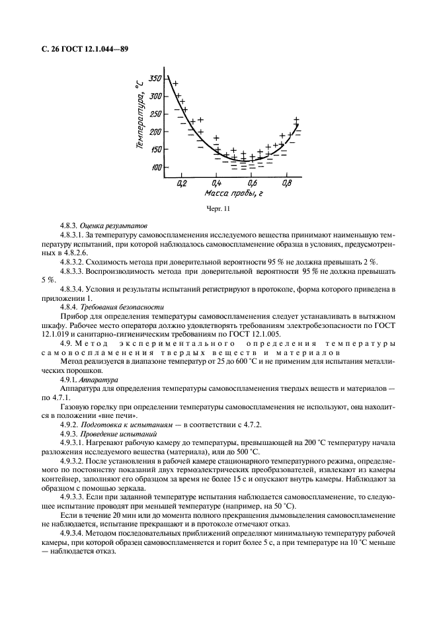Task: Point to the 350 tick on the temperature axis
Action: click(155, 79)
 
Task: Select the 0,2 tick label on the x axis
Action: click(181, 183)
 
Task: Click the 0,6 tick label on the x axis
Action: click(252, 183)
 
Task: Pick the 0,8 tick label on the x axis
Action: click(287, 183)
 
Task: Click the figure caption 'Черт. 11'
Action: click(218, 210)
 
